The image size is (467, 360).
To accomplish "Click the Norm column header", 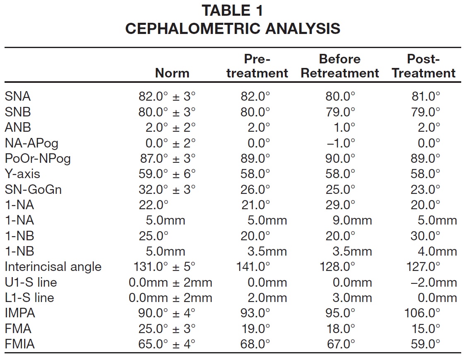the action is point(172,73).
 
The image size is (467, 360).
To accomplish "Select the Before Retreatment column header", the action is point(340,66).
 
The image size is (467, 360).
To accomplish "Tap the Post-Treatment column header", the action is point(424,66).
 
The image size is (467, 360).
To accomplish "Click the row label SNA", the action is point(17,96).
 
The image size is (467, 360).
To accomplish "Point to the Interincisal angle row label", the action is point(53,267).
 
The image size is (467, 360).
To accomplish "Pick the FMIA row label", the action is point(19,344).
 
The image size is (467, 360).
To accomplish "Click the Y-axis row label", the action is point(22,174).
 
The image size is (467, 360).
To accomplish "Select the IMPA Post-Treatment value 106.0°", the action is point(422,313).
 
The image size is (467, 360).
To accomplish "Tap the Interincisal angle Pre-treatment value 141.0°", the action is point(253,267).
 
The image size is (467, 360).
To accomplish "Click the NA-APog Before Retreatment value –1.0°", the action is point(341,143).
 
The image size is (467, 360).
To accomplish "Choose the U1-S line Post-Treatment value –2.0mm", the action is point(433,282).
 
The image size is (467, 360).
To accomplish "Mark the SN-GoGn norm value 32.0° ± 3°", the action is point(167,189).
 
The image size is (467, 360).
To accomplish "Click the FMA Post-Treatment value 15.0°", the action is point(425,329).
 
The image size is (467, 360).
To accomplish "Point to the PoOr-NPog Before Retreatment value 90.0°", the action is point(340,158).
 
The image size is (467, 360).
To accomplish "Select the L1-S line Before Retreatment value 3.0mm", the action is point(352,298).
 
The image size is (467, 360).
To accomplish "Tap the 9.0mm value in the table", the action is point(352,220).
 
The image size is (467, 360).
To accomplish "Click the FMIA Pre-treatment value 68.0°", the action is point(255,344).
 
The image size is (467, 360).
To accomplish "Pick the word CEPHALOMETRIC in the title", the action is point(193,29).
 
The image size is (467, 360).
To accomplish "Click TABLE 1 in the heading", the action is point(233,10).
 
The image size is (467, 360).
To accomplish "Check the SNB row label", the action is point(17,112).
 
